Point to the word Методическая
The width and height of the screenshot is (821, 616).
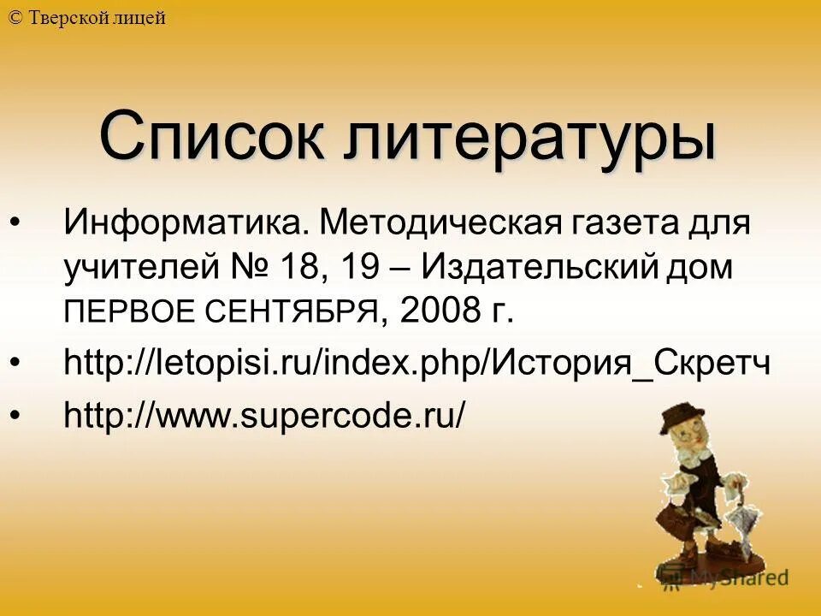click(x=437, y=223)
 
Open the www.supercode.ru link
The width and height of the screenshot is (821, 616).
click(x=265, y=416)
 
